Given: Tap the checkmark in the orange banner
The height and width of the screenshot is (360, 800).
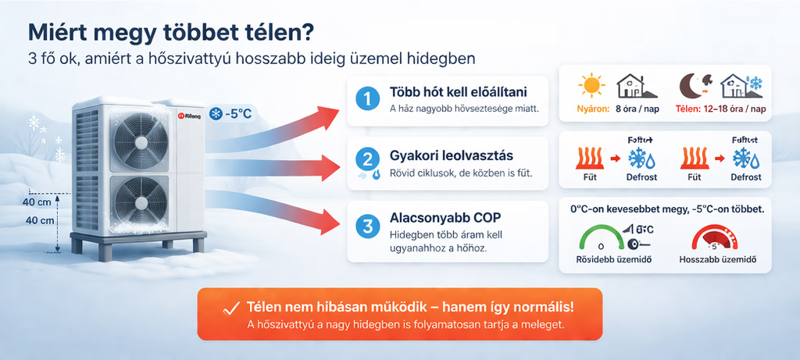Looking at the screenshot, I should pos(230,308).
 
